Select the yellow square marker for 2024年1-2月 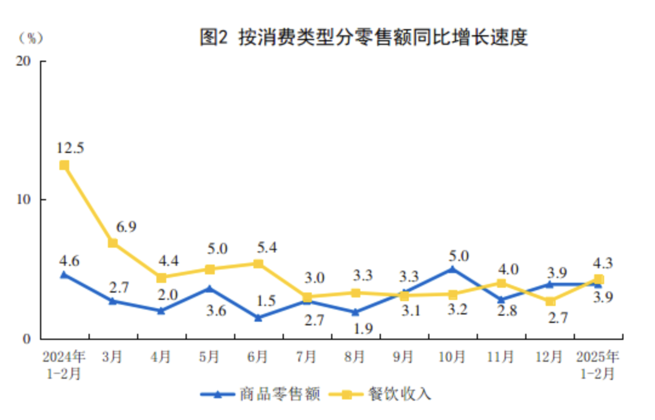(x=64, y=165)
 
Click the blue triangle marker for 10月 (x=452, y=269)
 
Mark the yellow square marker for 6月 (x=258, y=264)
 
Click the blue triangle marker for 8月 (x=355, y=312)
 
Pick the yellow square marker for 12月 (x=550, y=301)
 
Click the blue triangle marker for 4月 (x=161, y=311)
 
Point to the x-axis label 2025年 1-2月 (x=598, y=364)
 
